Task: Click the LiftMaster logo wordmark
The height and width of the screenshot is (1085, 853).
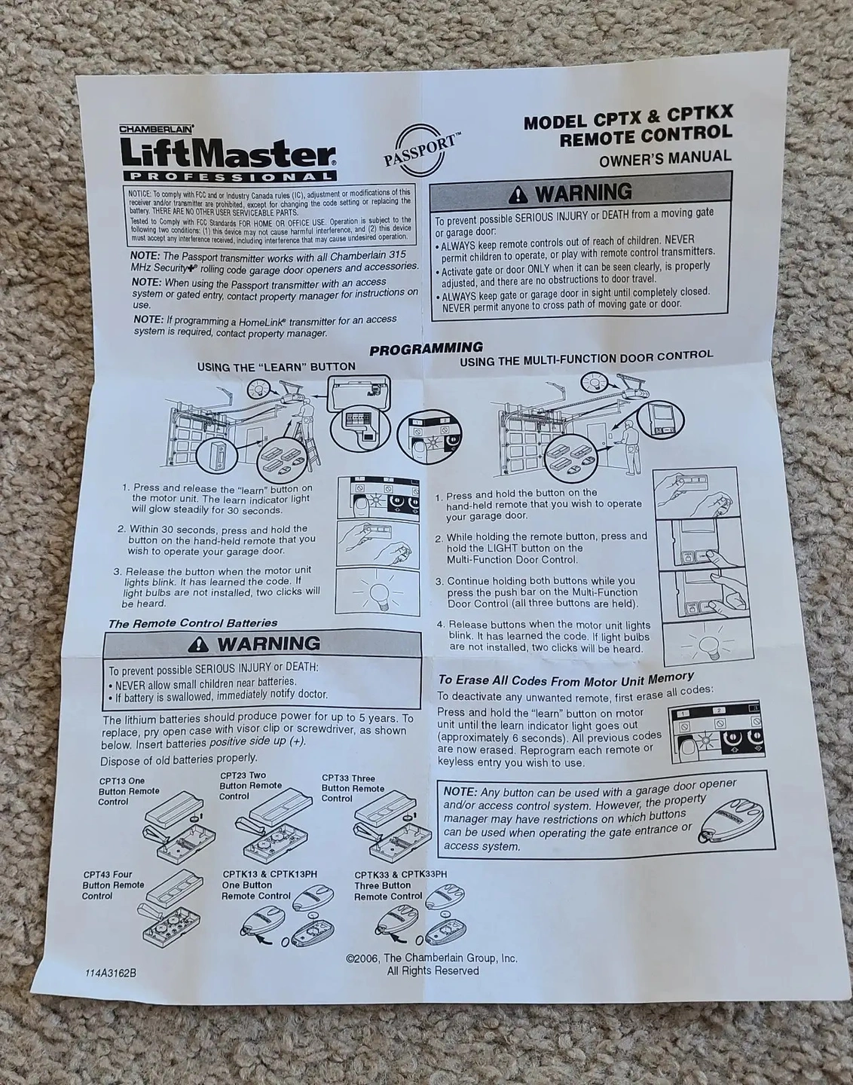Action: (228, 153)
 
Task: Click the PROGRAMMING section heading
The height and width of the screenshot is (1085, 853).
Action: (426, 348)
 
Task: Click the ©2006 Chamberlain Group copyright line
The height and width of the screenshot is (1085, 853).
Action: (432, 958)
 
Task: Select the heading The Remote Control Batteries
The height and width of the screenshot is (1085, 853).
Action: (193, 623)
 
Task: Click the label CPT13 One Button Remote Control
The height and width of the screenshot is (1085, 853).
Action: (129, 791)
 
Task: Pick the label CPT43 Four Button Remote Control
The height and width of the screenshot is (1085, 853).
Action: (113, 885)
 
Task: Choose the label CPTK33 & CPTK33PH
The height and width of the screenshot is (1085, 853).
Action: (400, 874)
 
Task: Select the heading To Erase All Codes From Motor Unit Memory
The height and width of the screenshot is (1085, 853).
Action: (566, 680)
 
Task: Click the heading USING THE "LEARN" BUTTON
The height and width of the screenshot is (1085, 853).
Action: (276, 366)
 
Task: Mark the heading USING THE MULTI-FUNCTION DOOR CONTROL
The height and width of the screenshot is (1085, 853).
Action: (585, 359)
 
